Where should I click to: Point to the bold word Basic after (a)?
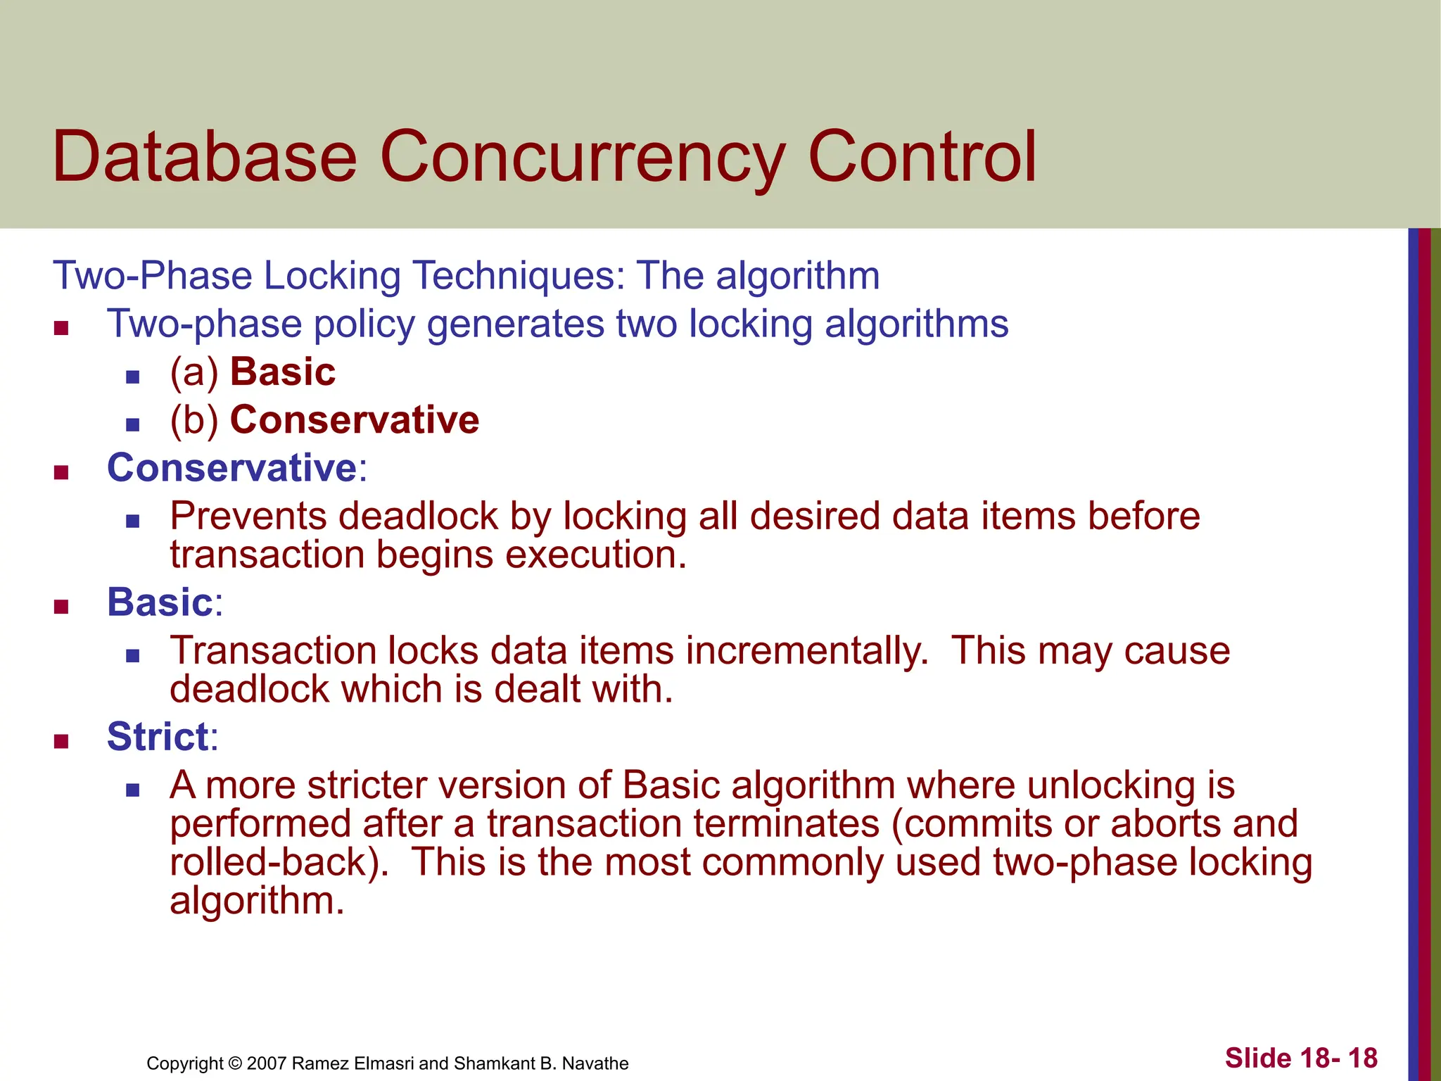pyautogui.click(x=283, y=372)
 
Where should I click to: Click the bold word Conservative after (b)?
pyautogui.click(x=355, y=420)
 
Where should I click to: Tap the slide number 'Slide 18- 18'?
pyautogui.click(x=1301, y=1058)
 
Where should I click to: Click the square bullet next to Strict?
pyautogui.click(x=61, y=741)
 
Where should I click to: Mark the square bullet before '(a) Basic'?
pyautogui.click(x=132, y=377)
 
